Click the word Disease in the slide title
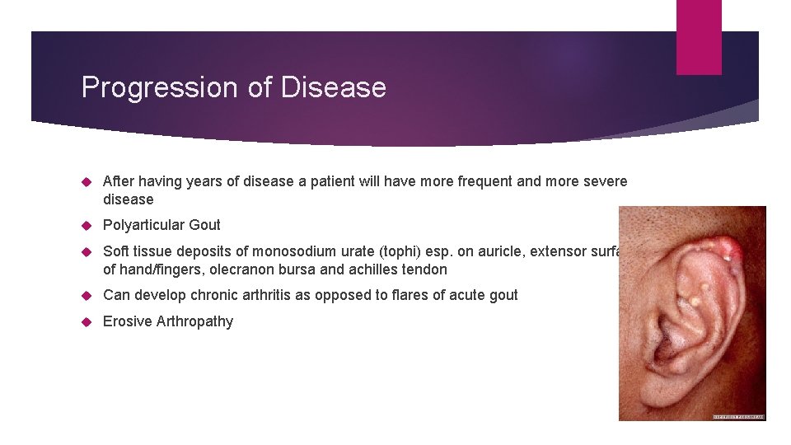[333, 87]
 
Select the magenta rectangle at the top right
[699, 37]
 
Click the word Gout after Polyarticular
[205, 225]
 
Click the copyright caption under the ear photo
[738, 417]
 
